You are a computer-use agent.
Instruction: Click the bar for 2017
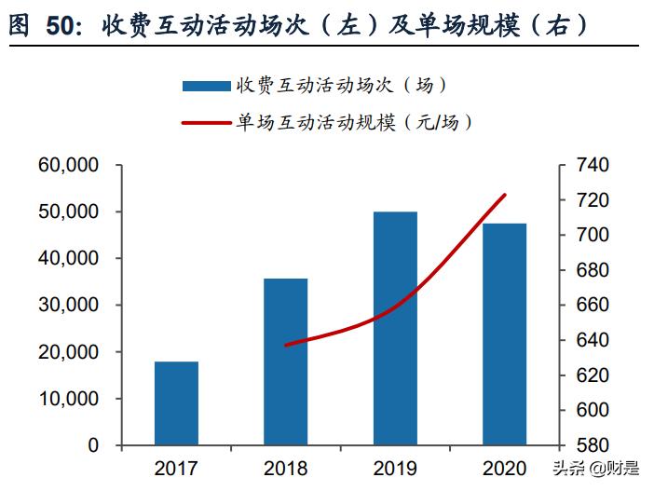coord(176,402)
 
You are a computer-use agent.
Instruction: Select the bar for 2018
coord(285,361)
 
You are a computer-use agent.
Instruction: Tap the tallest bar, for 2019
coord(395,328)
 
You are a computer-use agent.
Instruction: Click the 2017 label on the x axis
coord(176,468)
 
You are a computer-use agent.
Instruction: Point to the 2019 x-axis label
coord(395,468)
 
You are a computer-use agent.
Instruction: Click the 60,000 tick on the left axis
coord(68,166)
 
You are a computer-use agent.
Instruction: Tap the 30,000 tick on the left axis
coord(68,306)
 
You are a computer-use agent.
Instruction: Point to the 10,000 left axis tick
coord(68,399)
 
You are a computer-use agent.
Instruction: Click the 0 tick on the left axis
coord(92,445)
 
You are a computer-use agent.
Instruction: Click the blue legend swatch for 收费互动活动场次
coord(206,86)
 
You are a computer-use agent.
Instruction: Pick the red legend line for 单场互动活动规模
coord(206,122)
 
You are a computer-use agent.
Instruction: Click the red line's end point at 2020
coord(504,195)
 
